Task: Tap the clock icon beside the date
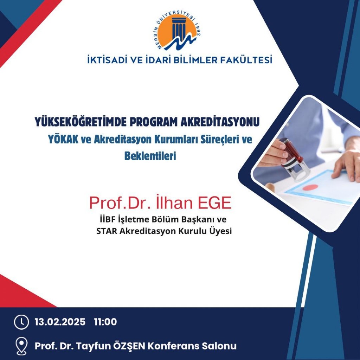(x=21, y=322)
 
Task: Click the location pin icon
(x=21, y=346)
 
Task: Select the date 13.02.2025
(x=60, y=322)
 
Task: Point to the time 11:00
(x=105, y=322)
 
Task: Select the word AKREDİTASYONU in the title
(x=220, y=122)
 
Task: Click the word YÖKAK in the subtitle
(x=63, y=139)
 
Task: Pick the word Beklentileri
(x=150, y=156)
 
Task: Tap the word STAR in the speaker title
(x=107, y=231)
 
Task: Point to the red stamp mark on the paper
(x=310, y=187)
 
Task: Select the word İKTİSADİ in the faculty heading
(x=107, y=60)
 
